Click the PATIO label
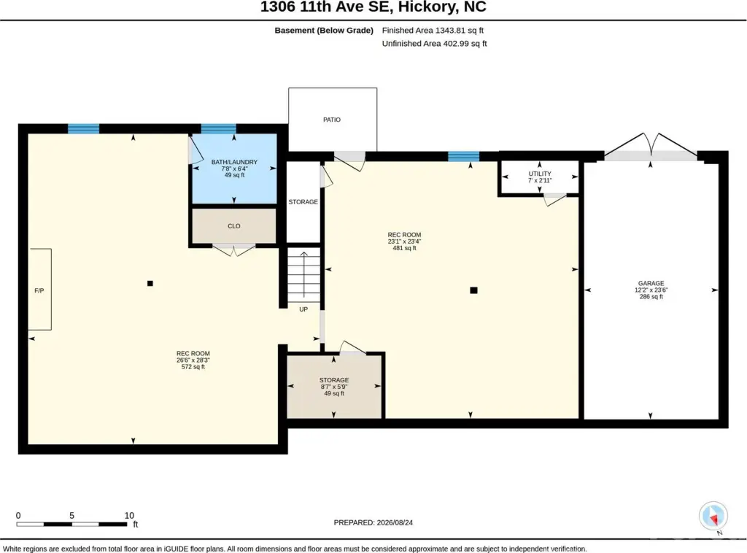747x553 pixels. [332, 120]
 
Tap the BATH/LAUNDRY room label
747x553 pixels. [234, 162]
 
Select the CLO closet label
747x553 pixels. [234, 226]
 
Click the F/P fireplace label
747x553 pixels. [39, 290]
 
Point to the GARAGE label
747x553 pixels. [651, 283]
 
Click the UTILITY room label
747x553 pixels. [540, 174]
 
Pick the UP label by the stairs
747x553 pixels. [303, 309]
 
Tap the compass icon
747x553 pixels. [713, 516]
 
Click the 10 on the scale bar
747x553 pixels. [129, 515]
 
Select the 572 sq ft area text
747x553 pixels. [193, 367]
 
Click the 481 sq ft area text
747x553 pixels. [404, 248]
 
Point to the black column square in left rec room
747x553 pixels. [150, 283]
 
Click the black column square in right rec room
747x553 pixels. [473, 290]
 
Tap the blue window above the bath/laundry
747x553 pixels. [219, 128]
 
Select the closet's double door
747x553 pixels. [233, 250]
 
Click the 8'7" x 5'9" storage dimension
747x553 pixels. [334, 387]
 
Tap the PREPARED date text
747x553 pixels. [373, 522]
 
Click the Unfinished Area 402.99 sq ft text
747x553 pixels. [435, 43]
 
